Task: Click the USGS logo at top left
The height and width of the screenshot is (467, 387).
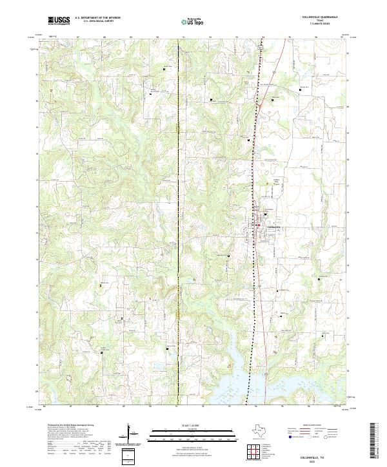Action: [59, 21]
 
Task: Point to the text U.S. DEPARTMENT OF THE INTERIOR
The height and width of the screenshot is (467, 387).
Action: [98, 18]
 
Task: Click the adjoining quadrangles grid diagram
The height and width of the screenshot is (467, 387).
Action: [254, 451]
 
